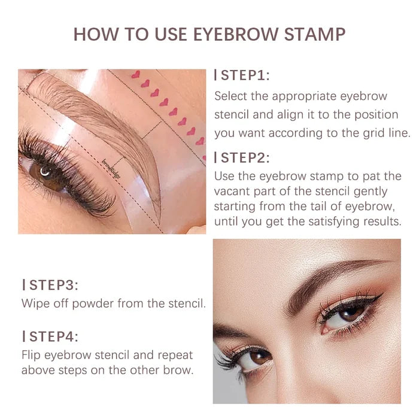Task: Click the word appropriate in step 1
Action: [302, 96]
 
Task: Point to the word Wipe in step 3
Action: [35, 303]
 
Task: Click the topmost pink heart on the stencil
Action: [135, 75]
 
